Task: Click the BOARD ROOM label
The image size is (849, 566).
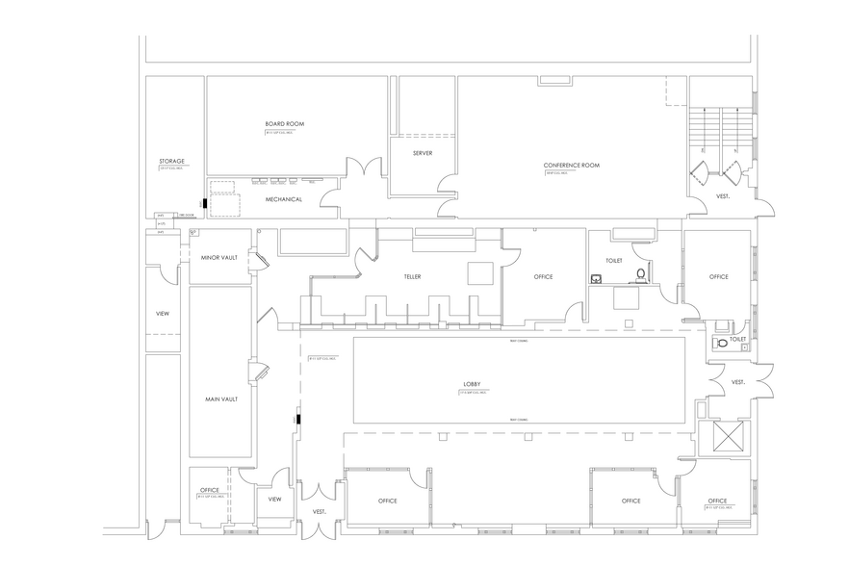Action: [x=285, y=124]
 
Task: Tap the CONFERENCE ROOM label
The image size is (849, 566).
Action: [x=572, y=166]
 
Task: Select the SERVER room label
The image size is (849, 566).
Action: [x=423, y=153]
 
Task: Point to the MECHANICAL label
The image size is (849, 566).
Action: [x=285, y=199]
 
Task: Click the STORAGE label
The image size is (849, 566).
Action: [x=171, y=161]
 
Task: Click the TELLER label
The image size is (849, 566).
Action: [x=412, y=276]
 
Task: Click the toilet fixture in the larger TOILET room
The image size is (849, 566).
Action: [x=641, y=277]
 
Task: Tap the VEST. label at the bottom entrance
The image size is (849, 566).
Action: [x=318, y=512]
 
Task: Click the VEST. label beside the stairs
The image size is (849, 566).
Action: [x=723, y=196]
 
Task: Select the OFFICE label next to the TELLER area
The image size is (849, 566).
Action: [x=543, y=276]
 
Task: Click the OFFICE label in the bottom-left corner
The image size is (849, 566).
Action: [x=210, y=490]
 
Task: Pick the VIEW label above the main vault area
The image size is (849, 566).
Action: [x=164, y=313]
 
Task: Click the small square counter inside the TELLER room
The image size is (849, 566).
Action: [x=480, y=272]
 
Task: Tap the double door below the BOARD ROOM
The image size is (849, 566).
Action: [x=348, y=182]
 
